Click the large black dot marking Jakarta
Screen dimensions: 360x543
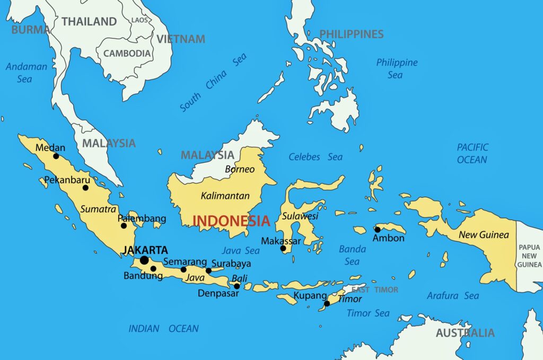pos(144,260)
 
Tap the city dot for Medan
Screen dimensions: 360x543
pos(56,156)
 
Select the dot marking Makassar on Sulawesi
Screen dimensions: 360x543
pos(283,248)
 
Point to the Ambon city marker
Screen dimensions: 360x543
pos(378,230)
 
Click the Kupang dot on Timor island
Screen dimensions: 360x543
pos(327,304)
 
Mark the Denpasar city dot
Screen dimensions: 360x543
pos(237,286)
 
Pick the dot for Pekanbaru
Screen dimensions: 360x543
pos(85,188)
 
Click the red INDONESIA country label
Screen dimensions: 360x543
pos(231,221)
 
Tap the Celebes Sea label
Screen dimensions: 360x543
pos(316,157)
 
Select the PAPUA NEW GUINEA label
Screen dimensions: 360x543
pos(530,256)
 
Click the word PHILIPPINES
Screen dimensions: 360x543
pos(351,34)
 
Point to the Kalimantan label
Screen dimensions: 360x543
pos(225,196)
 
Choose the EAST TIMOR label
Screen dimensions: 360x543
pos(375,290)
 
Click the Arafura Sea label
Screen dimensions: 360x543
pos(453,296)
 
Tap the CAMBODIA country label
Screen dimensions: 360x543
pos(127,54)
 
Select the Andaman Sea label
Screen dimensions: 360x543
pos(26,73)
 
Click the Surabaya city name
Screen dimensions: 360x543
pos(231,264)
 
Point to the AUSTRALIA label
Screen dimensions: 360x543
pos(465,333)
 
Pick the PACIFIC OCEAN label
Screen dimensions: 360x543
pos(472,153)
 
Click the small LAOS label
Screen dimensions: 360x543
pos(139,20)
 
